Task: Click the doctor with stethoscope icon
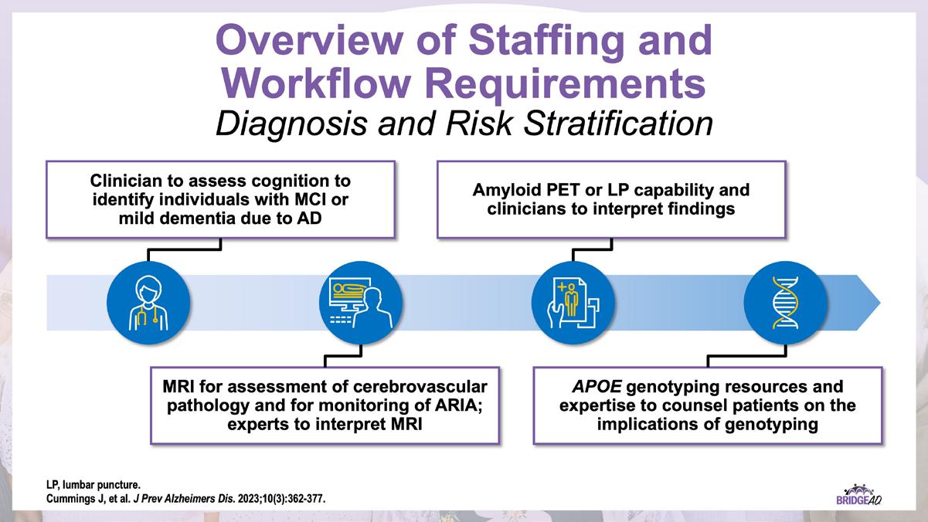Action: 148,303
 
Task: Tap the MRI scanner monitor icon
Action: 361,303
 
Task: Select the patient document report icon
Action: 573,303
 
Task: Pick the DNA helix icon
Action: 786,303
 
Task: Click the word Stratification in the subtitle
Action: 618,124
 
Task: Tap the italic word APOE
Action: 597,386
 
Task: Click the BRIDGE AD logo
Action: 858,495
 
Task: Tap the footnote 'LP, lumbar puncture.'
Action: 93,485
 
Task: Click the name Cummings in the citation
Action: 72,499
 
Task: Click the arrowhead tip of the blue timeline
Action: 880,303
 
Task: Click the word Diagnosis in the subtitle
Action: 291,124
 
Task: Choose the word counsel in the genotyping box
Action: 693,405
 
